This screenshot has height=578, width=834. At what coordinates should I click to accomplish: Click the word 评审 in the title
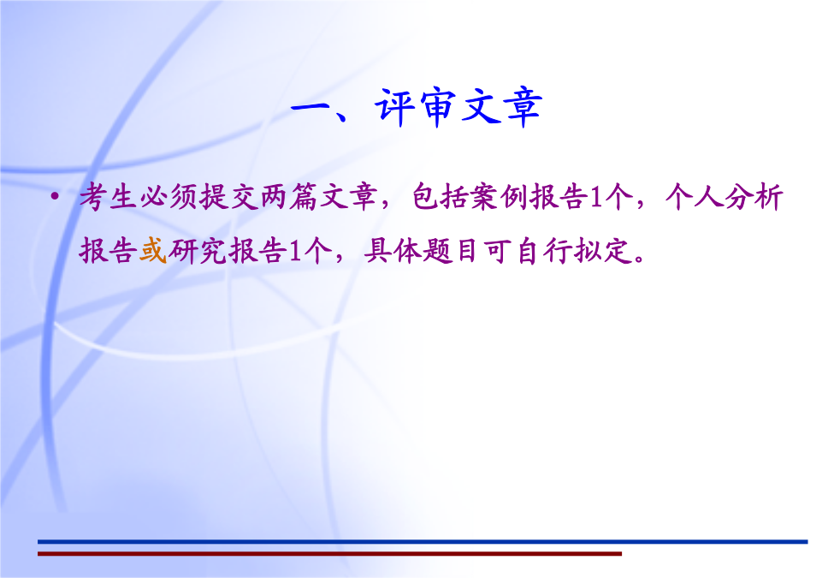[x=416, y=107]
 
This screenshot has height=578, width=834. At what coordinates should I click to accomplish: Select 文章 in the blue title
[x=501, y=107]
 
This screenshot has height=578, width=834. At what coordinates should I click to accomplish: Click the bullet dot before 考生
[x=54, y=197]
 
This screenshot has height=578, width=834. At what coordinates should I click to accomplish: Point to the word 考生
[x=109, y=197]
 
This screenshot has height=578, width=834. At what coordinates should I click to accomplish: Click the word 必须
[x=169, y=197]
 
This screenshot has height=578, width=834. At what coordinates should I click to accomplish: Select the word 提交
[x=229, y=197]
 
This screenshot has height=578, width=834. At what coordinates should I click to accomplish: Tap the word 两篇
[x=289, y=197]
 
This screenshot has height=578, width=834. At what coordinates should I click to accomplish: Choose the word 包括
[x=441, y=197]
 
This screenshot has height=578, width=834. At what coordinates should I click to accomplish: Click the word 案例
[x=500, y=197]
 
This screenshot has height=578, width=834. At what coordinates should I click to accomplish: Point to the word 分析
[x=754, y=197]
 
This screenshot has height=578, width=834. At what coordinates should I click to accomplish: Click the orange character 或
[x=153, y=251]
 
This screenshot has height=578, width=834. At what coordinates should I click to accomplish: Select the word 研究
[x=198, y=251]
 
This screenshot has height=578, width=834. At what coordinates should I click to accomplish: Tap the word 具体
[x=393, y=251]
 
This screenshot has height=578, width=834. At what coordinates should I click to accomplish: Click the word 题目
[x=452, y=251]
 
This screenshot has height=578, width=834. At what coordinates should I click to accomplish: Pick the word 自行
[x=542, y=251]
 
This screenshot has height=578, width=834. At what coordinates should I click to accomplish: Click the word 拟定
[x=602, y=251]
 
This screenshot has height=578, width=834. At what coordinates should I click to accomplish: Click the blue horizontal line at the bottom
[x=423, y=542]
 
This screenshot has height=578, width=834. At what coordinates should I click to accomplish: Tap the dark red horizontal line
[x=329, y=554]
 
